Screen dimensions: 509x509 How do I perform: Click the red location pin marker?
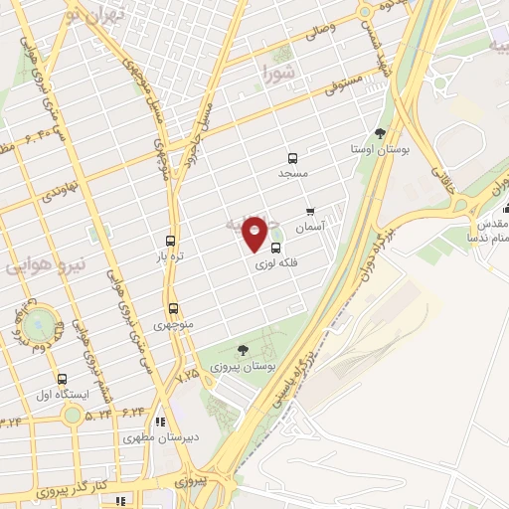[x=255, y=234]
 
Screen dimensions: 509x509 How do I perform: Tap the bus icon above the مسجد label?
[x=292, y=158]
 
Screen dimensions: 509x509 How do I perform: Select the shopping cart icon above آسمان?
[x=311, y=212]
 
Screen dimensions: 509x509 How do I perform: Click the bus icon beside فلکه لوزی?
[x=275, y=249]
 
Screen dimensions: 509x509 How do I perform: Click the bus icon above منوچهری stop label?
[x=174, y=308]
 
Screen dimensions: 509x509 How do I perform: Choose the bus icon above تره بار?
[x=171, y=242]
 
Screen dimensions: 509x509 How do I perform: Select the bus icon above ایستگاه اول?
[x=63, y=380]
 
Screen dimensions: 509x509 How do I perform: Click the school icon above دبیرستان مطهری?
[x=160, y=422]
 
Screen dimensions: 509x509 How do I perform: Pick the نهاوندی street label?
[x=60, y=186]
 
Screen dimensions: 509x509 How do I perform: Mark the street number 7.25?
[x=188, y=378]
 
